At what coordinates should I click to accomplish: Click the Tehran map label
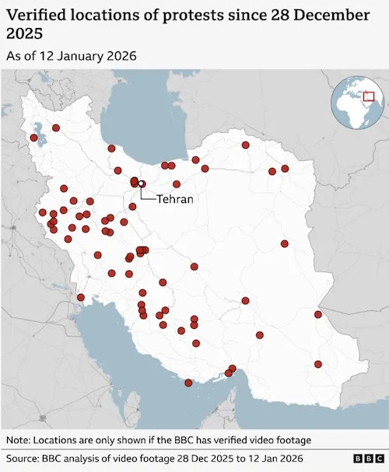point(175,199)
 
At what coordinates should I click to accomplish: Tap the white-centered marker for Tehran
point(141,184)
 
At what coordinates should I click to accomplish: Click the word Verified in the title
point(40,14)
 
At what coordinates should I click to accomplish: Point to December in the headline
point(326,14)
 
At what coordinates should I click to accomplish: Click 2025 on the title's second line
point(25,33)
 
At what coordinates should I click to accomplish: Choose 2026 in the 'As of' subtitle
point(122,56)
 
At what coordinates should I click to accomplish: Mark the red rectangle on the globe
point(368,96)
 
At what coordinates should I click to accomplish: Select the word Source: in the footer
point(26,459)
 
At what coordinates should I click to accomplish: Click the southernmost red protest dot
point(188,383)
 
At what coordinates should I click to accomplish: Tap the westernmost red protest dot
point(33,138)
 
